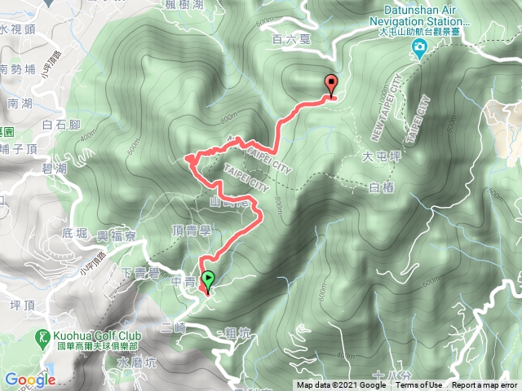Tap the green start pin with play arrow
pyautogui.click(x=208, y=280)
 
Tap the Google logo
pyautogui.click(x=29, y=380)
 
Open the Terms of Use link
pyautogui.click(x=419, y=385)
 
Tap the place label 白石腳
pyautogui.click(x=59, y=125)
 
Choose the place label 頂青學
pyautogui.click(x=193, y=231)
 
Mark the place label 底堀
pyautogui.click(x=73, y=235)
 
